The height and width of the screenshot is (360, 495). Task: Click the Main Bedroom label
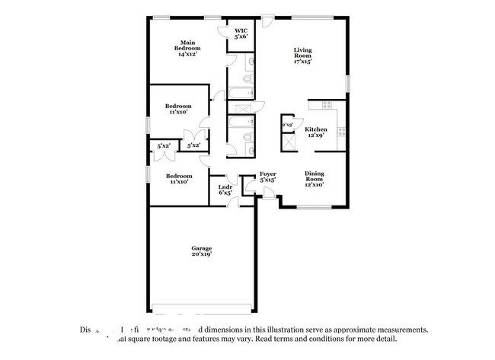pos(189,48)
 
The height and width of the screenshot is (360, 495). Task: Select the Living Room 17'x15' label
pos(303,56)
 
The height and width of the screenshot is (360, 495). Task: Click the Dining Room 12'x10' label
pos(315,178)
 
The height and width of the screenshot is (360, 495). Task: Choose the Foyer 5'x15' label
pos(267,177)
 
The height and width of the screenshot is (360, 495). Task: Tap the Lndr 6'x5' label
pos(225,190)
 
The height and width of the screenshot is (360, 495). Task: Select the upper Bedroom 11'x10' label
pos(179,109)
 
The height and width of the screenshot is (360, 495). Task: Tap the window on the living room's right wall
pos(347,82)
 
